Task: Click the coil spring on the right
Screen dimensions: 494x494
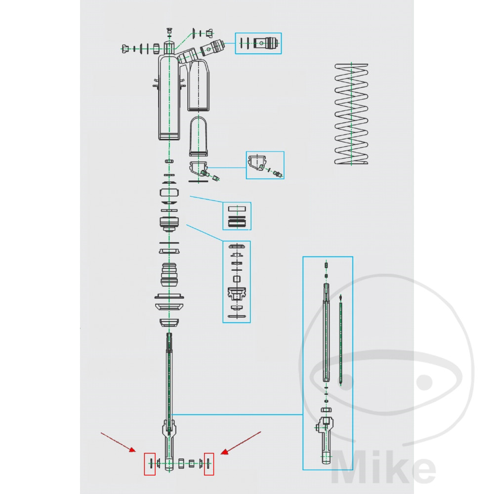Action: pyautogui.click(x=351, y=114)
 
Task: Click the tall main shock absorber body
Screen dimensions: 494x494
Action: pyautogui.click(x=169, y=94)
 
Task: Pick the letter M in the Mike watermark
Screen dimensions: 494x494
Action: pyautogui.click(x=346, y=467)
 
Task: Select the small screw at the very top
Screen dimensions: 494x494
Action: pyautogui.click(x=169, y=31)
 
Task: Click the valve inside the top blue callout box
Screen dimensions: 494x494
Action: pyautogui.click(x=267, y=43)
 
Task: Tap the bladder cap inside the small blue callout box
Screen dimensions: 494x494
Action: pyautogui.click(x=256, y=162)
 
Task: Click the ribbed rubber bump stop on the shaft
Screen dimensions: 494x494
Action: pyautogui.click(x=169, y=275)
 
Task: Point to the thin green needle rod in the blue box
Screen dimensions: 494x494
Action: pyautogui.click(x=340, y=340)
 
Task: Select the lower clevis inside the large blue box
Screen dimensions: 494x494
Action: pyautogui.click(x=326, y=440)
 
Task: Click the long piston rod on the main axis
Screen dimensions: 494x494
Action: pyautogui.click(x=169, y=378)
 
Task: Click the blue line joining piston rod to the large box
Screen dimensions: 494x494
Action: pyautogui.click(x=238, y=414)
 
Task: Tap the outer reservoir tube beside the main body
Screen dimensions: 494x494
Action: pyautogui.click(x=199, y=85)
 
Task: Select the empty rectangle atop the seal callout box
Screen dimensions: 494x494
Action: pyautogui.click(x=237, y=208)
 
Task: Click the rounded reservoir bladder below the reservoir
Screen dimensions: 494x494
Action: pyautogui.click(x=198, y=136)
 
